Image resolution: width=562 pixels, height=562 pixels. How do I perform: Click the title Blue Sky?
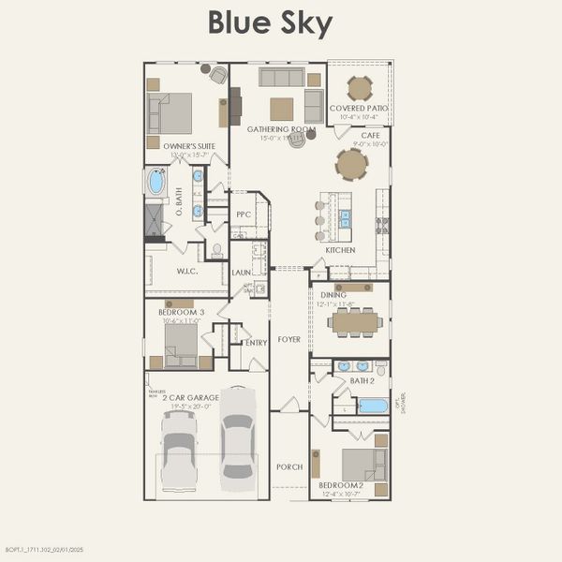click(270, 23)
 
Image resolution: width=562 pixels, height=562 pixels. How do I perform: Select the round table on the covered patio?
click(360, 88)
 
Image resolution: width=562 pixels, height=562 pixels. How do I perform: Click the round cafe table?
click(352, 165)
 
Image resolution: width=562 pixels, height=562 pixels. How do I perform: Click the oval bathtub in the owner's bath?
click(156, 182)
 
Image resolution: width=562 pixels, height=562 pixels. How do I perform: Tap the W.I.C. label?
click(188, 272)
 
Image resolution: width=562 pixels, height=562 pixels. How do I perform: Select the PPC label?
click(244, 214)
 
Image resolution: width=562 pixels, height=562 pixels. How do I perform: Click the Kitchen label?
click(340, 250)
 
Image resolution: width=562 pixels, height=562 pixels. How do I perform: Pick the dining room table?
click(356, 323)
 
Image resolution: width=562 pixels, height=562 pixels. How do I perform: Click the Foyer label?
click(289, 339)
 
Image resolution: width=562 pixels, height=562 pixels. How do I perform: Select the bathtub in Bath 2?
click(372, 407)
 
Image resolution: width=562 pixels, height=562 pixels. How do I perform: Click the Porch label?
click(289, 466)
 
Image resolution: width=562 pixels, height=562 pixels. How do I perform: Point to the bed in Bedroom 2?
click(363, 466)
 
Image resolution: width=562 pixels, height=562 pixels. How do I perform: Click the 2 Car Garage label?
click(190, 397)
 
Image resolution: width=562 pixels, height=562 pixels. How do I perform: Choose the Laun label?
click(241, 273)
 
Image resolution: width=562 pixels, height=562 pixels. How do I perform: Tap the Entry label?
click(256, 343)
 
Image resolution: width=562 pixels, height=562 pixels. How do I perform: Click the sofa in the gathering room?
click(282, 77)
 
